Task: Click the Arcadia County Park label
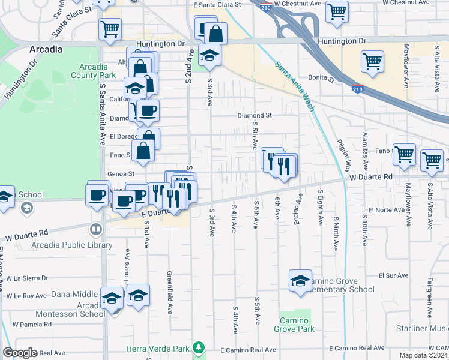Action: click(88, 71)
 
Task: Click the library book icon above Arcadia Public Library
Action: click(95, 229)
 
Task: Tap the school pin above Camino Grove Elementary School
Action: click(300, 281)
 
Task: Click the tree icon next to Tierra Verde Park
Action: click(197, 348)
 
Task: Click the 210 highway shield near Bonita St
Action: click(357, 89)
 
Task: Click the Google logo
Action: click(20, 353)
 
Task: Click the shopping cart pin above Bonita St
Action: click(372, 61)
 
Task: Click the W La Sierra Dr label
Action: click(27, 278)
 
